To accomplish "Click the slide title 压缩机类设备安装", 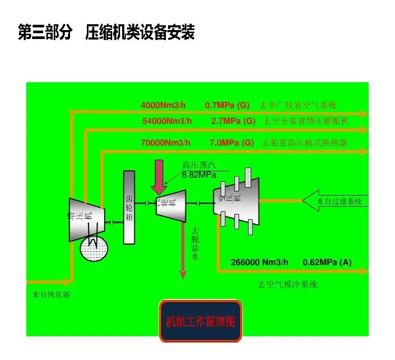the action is click(x=140, y=33).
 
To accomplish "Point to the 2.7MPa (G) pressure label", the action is click(x=233, y=121).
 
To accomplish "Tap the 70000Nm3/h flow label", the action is click(x=165, y=143).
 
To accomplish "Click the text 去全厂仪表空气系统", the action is click(x=298, y=105).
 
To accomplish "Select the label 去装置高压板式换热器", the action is click(x=304, y=143).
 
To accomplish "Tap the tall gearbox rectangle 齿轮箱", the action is click(x=130, y=208).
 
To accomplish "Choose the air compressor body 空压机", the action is click(x=236, y=200).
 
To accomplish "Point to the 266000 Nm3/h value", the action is click(x=260, y=262).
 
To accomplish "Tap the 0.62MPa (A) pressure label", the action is click(x=327, y=262).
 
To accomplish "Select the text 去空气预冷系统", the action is click(x=288, y=285).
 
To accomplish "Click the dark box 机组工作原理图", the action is click(x=201, y=321).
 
